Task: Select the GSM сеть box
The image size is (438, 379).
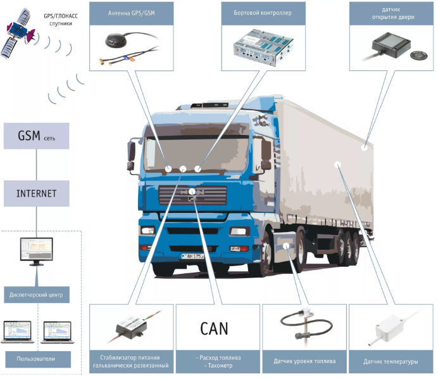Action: [x=35, y=136]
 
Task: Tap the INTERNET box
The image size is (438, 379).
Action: [x=36, y=193]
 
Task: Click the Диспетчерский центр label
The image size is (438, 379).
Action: [x=36, y=295]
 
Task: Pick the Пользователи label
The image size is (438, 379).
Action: [x=36, y=359]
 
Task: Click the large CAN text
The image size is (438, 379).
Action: [x=214, y=329]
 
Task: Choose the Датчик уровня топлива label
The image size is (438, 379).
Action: [x=304, y=362]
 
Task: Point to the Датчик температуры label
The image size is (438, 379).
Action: [x=391, y=362]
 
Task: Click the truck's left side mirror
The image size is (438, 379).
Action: [x=131, y=152]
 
